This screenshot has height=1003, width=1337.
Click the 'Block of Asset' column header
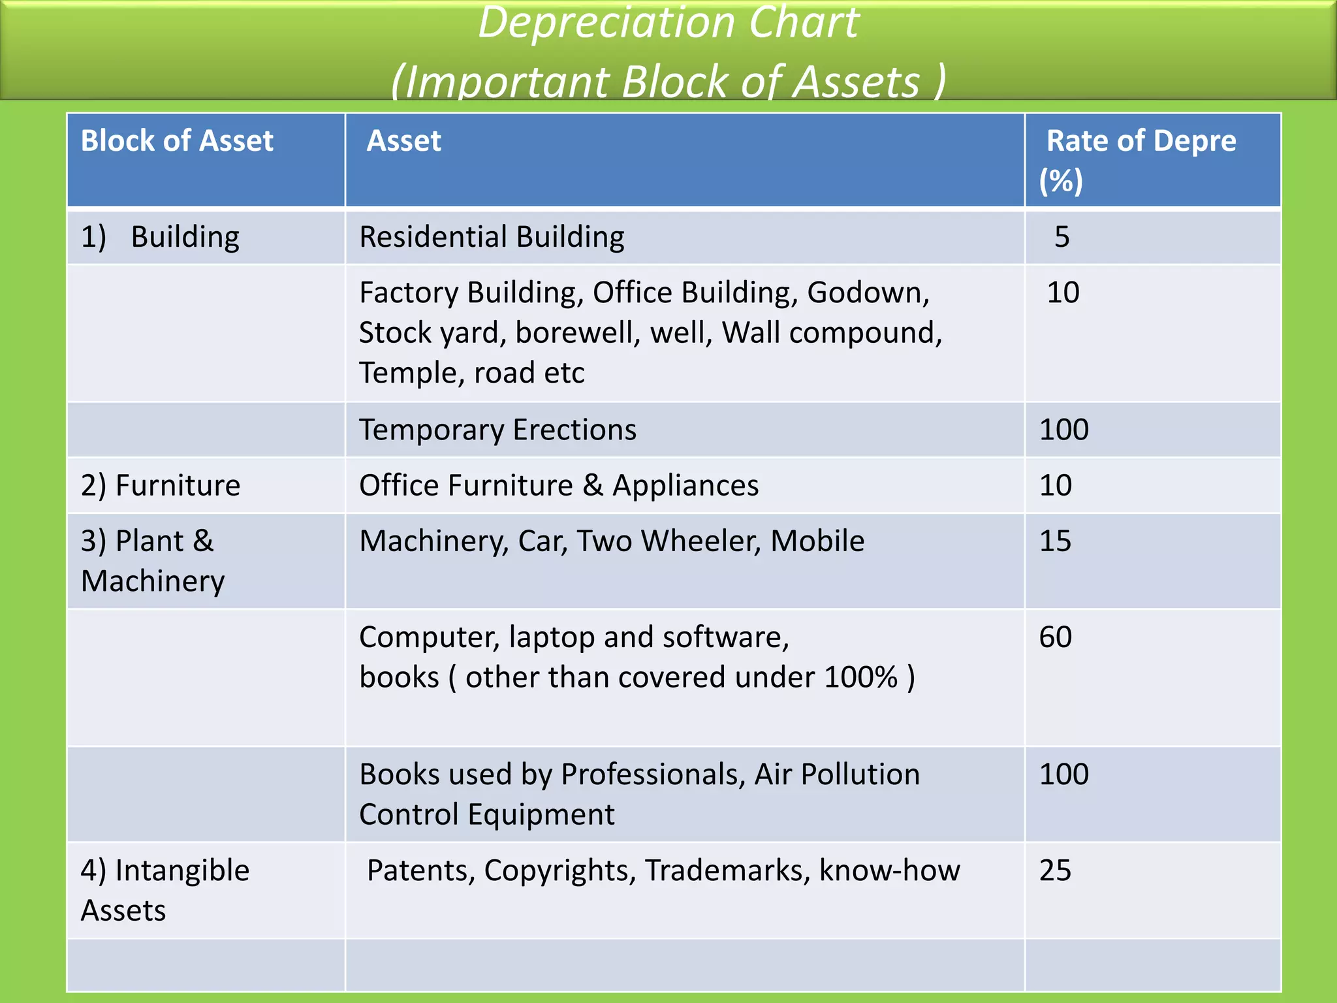[177, 141]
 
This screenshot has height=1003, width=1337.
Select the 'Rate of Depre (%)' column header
[1140, 160]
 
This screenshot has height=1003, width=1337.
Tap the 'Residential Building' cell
[492, 237]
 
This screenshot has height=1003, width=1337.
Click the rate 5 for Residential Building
[1062, 237]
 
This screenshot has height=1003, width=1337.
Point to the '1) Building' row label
[160, 237]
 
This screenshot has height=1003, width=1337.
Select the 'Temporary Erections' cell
[497, 430]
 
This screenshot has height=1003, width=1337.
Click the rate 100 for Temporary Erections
[1064, 430]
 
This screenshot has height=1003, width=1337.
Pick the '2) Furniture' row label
[161, 485]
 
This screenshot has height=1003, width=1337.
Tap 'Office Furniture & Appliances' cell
[559, 485]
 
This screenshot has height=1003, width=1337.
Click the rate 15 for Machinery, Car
[1056, 541]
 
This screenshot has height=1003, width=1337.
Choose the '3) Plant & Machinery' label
[153, 561]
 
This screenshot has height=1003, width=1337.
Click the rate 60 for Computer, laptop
[1056, 637]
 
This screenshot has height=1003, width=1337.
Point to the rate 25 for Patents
[1056, 870]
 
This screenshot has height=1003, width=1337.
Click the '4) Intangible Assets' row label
[165, 890]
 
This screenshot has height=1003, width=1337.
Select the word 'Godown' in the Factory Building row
[868, 293]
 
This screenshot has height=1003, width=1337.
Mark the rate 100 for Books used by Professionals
[1064, 774]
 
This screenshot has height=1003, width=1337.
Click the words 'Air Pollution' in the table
[837, 774]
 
